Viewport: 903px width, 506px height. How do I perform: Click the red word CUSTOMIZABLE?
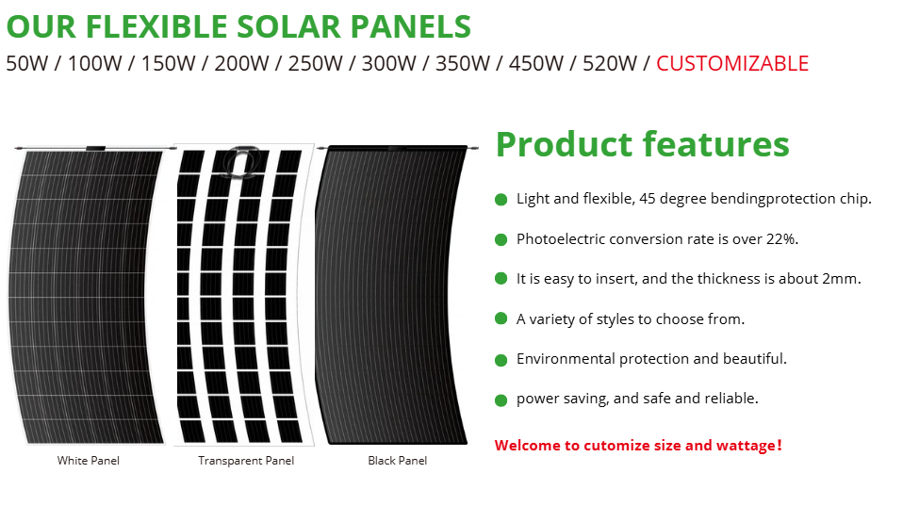pyautogui.click(x=732, y=63)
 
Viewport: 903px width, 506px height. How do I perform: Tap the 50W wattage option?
pyautogui.click(x=27, y=63)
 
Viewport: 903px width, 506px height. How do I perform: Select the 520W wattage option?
pyautogui.click(x=610, y=63)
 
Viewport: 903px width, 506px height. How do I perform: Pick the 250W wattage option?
pyautogui.click(x=315, y=63)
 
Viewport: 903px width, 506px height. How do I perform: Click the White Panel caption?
pyautogui.click(x=88, y=461)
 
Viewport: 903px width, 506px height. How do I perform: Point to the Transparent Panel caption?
pyautogui.click(x=246, y=461)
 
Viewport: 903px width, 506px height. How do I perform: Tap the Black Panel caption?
pyautogui.click(x=398, y=461)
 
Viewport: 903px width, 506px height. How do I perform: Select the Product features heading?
pyautogui.click(x=642, y=144)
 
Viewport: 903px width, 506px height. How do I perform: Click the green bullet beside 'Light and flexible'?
pyautogui.click(x=501, y=200)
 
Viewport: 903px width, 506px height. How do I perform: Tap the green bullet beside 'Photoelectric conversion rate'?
pyautogui.click(x=501, y=239)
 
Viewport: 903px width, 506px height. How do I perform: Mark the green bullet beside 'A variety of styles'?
pyautogui.click(x=501, y=318)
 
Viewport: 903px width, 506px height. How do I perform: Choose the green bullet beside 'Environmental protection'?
pyautogui.click(x=501, y=360)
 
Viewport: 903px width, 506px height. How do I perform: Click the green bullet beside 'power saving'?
pyautogui.click(x=501, y=400)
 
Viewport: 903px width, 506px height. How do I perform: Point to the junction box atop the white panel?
pyautogui.click(x=95, y=149)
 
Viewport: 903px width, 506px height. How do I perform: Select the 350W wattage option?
pyautogui.click(x=463, y=63)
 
